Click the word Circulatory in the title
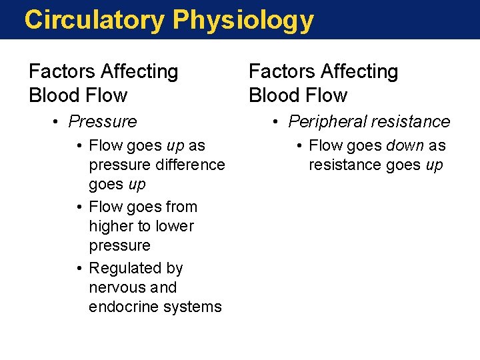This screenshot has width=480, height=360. [94, 20]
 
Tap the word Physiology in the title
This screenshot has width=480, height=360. [243, 20]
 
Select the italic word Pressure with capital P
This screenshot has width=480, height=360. [103, 121]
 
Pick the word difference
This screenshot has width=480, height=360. [186, 165]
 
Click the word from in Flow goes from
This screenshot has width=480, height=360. [182, 207]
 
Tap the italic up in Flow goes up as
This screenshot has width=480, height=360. [176, 145]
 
